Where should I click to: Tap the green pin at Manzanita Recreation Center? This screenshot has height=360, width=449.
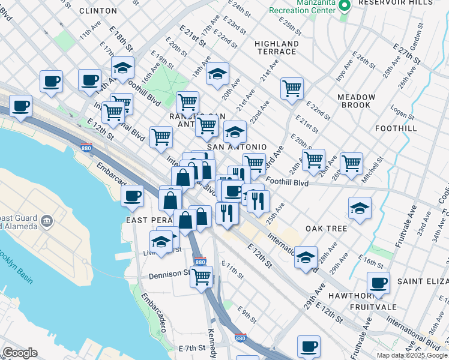pos(345,6)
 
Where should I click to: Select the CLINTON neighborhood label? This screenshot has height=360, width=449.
pos(98,11)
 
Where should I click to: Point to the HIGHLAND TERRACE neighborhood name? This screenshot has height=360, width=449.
pos(277,47)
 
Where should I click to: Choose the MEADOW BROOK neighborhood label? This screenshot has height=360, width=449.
pos(356,101)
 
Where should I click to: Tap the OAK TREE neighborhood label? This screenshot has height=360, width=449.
pos(327,229)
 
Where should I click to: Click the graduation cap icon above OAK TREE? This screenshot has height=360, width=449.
pos(360,208)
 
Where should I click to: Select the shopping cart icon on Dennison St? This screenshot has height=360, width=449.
pos(202,277)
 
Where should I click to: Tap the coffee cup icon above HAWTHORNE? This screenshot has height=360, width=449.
pos(378,283)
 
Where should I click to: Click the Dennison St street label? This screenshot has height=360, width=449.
pos(170,274)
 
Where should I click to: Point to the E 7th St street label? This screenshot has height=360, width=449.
pos(193,348)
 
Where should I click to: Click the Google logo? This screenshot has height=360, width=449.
pos(20,353)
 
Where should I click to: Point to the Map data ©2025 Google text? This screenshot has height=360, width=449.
pos(412,355)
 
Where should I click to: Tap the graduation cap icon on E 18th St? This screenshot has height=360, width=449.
pos(123,68)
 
